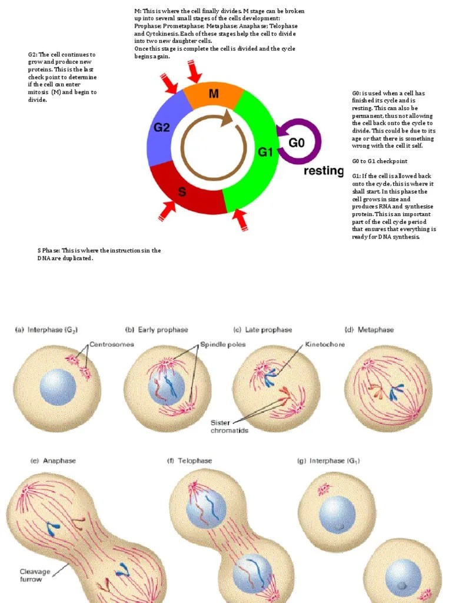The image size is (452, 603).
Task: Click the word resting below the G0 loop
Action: (324, 171)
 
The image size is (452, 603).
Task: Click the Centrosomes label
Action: (112, 344)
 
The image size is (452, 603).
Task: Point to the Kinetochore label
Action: (325, 344)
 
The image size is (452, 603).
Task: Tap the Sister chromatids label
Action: (230, 426)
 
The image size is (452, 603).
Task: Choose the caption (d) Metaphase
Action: (368, 330)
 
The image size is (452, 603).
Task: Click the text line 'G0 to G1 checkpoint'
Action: (380, 161)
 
